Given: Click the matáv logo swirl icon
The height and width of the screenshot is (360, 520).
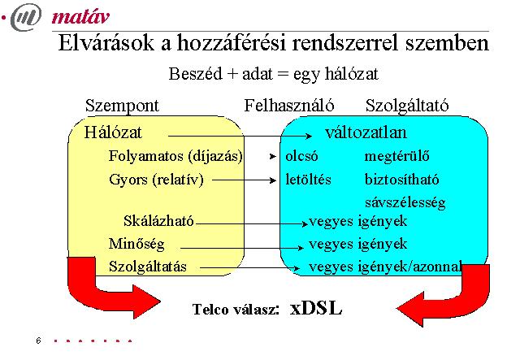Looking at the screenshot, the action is [26, 17].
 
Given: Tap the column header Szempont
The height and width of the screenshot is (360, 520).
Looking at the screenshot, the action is [122, 106].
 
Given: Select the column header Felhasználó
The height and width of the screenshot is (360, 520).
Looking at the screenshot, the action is [289, 106].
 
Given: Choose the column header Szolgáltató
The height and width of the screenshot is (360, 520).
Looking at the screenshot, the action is [407, 106].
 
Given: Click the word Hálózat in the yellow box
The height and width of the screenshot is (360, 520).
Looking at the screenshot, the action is [113, 132].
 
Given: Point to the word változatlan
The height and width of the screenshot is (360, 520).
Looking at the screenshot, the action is [366, 132].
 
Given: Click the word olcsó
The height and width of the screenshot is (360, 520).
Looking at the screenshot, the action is [301, 156].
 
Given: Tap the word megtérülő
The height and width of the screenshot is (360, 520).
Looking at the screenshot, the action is [397, 156].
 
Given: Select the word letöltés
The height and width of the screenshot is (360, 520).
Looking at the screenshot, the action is [308, 180].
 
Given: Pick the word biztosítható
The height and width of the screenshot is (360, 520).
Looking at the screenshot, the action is [401, 180].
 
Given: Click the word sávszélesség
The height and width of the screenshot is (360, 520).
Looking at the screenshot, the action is [405, 202].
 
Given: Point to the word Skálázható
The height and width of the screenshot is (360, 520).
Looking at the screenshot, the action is [158, 221].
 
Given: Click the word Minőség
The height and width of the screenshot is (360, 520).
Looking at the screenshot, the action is [136, 245].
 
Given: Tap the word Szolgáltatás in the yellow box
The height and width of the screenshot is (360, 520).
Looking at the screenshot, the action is [148, 267].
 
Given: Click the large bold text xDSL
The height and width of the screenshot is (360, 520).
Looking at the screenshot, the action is [316, 308].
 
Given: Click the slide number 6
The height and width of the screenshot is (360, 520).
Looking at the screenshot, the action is [38, 340].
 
